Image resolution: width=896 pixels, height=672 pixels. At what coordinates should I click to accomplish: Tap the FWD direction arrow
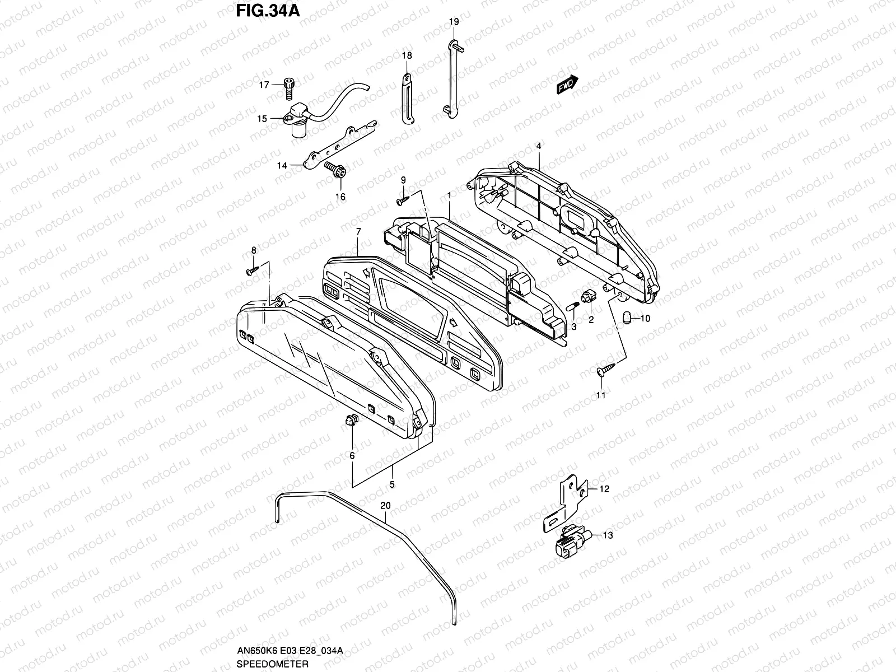[x=567, y=85]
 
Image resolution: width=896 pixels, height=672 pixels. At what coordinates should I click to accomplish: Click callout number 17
[x=264, y=85]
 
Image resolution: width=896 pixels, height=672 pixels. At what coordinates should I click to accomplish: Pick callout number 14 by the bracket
[x=282, y=166]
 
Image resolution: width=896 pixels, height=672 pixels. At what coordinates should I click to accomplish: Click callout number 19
[x=454, y=22]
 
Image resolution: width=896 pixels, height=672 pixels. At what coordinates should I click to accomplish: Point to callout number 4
[x=538, y=146]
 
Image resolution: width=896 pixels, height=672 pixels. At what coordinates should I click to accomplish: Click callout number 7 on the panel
[x=358, y=231]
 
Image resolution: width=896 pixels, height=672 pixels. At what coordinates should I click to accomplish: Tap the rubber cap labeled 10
[x=628, y=319]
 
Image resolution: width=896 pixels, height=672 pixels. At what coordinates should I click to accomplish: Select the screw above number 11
[x=605, y=368]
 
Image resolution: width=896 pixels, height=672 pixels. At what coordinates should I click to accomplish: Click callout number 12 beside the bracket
[x=604, y=489]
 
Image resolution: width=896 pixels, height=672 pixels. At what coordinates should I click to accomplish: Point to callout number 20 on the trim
[x=385, y=505]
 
